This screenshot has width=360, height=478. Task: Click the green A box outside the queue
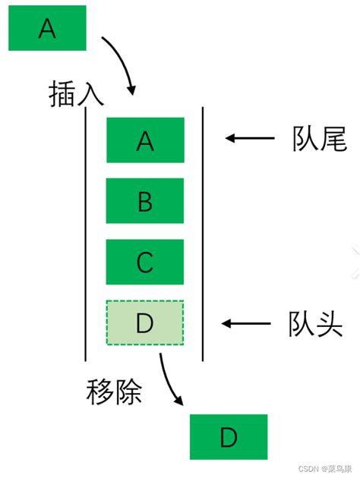click(x=47, y=29)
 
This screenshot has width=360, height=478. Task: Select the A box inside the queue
click(x=146, y=140)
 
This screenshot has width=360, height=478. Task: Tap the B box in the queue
click(x=146, y=201)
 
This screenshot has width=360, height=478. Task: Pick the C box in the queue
click(x=146, y=263)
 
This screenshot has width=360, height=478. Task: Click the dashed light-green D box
click(x=145, y=323)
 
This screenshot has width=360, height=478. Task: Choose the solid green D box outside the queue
click(x=229, y=437)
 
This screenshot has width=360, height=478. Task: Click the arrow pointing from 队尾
click(x=249, y=139)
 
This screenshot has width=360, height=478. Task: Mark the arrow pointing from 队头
click(x=248, y=324)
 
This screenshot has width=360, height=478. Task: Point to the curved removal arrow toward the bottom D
click(x=170, y=383)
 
